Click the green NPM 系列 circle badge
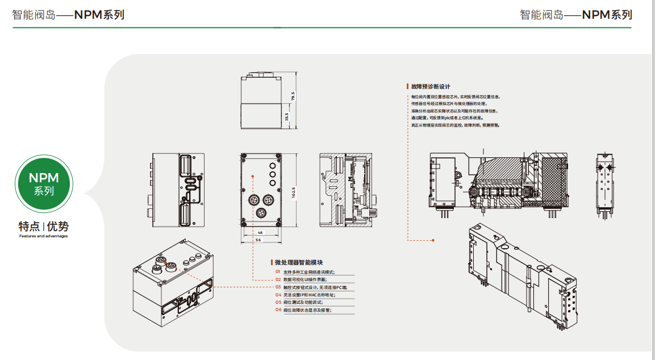point(44,184)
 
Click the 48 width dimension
point(260,233)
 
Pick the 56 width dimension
point(258,241)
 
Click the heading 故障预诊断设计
point(431,87)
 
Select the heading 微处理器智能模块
point(299,262)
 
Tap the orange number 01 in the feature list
point(278,272)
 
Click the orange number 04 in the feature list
point(278,295)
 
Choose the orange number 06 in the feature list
point(278,310)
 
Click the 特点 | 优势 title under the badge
point(44,226)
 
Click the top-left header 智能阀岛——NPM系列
point(68,15)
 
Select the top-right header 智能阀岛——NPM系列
point(575,15)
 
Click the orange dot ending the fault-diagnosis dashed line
point(433,240)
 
